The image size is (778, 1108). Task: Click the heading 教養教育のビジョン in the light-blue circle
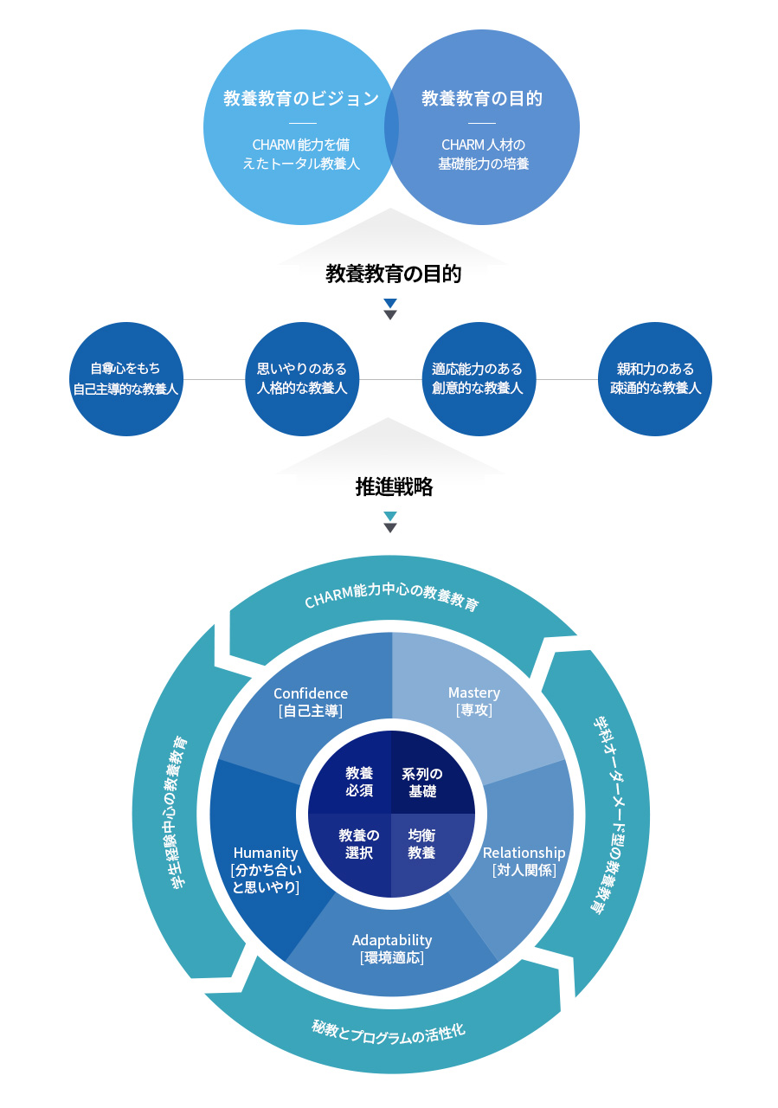[300, 99]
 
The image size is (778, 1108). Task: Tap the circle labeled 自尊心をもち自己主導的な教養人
[125, 379]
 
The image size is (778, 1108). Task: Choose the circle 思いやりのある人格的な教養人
[302, 379]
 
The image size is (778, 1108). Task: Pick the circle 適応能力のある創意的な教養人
[478, 379]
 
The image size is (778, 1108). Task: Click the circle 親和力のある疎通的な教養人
[655, 379]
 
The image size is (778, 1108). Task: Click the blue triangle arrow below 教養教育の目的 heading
[390, 304]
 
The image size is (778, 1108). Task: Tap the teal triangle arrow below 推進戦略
[390, 516]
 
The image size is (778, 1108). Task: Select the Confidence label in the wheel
[311, 694]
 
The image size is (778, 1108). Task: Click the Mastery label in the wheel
[474, 693]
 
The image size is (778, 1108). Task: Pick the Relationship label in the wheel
[524, 854]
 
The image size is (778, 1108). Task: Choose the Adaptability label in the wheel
[392, 940]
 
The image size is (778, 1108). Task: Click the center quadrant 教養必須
[359, 782]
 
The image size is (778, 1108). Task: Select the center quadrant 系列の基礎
[422, 782]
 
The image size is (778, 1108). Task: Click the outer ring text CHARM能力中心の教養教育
[391, 596]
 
